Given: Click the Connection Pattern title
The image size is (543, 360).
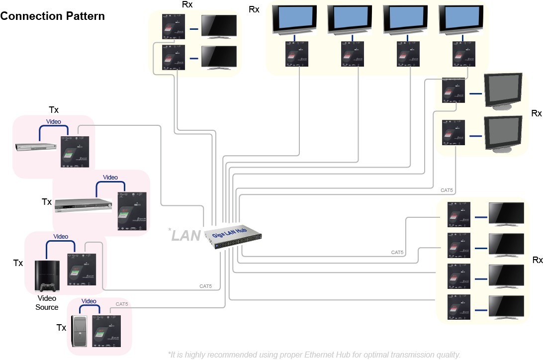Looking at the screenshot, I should tap(53, 16).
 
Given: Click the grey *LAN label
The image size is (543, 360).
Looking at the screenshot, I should tap(184, 235).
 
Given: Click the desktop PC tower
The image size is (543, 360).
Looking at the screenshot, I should tap(80, 331).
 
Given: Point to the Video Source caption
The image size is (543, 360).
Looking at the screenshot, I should tap(47, 302).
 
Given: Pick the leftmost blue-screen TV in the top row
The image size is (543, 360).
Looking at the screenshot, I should tap(294, 19).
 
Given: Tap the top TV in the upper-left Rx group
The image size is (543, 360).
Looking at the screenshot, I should tap(219, 27).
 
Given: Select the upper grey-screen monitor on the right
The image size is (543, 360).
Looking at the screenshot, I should tap(503, 91).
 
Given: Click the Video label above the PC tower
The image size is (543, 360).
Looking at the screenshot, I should tap(89, 301).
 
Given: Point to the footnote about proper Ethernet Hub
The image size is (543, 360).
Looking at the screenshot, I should tap(314, 355).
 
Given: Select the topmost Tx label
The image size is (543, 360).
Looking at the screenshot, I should tap(54, 109).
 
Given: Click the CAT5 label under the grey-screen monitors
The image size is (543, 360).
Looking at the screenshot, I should tap(447, 190).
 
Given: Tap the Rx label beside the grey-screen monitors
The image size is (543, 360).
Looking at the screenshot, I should tap(536, 113).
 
